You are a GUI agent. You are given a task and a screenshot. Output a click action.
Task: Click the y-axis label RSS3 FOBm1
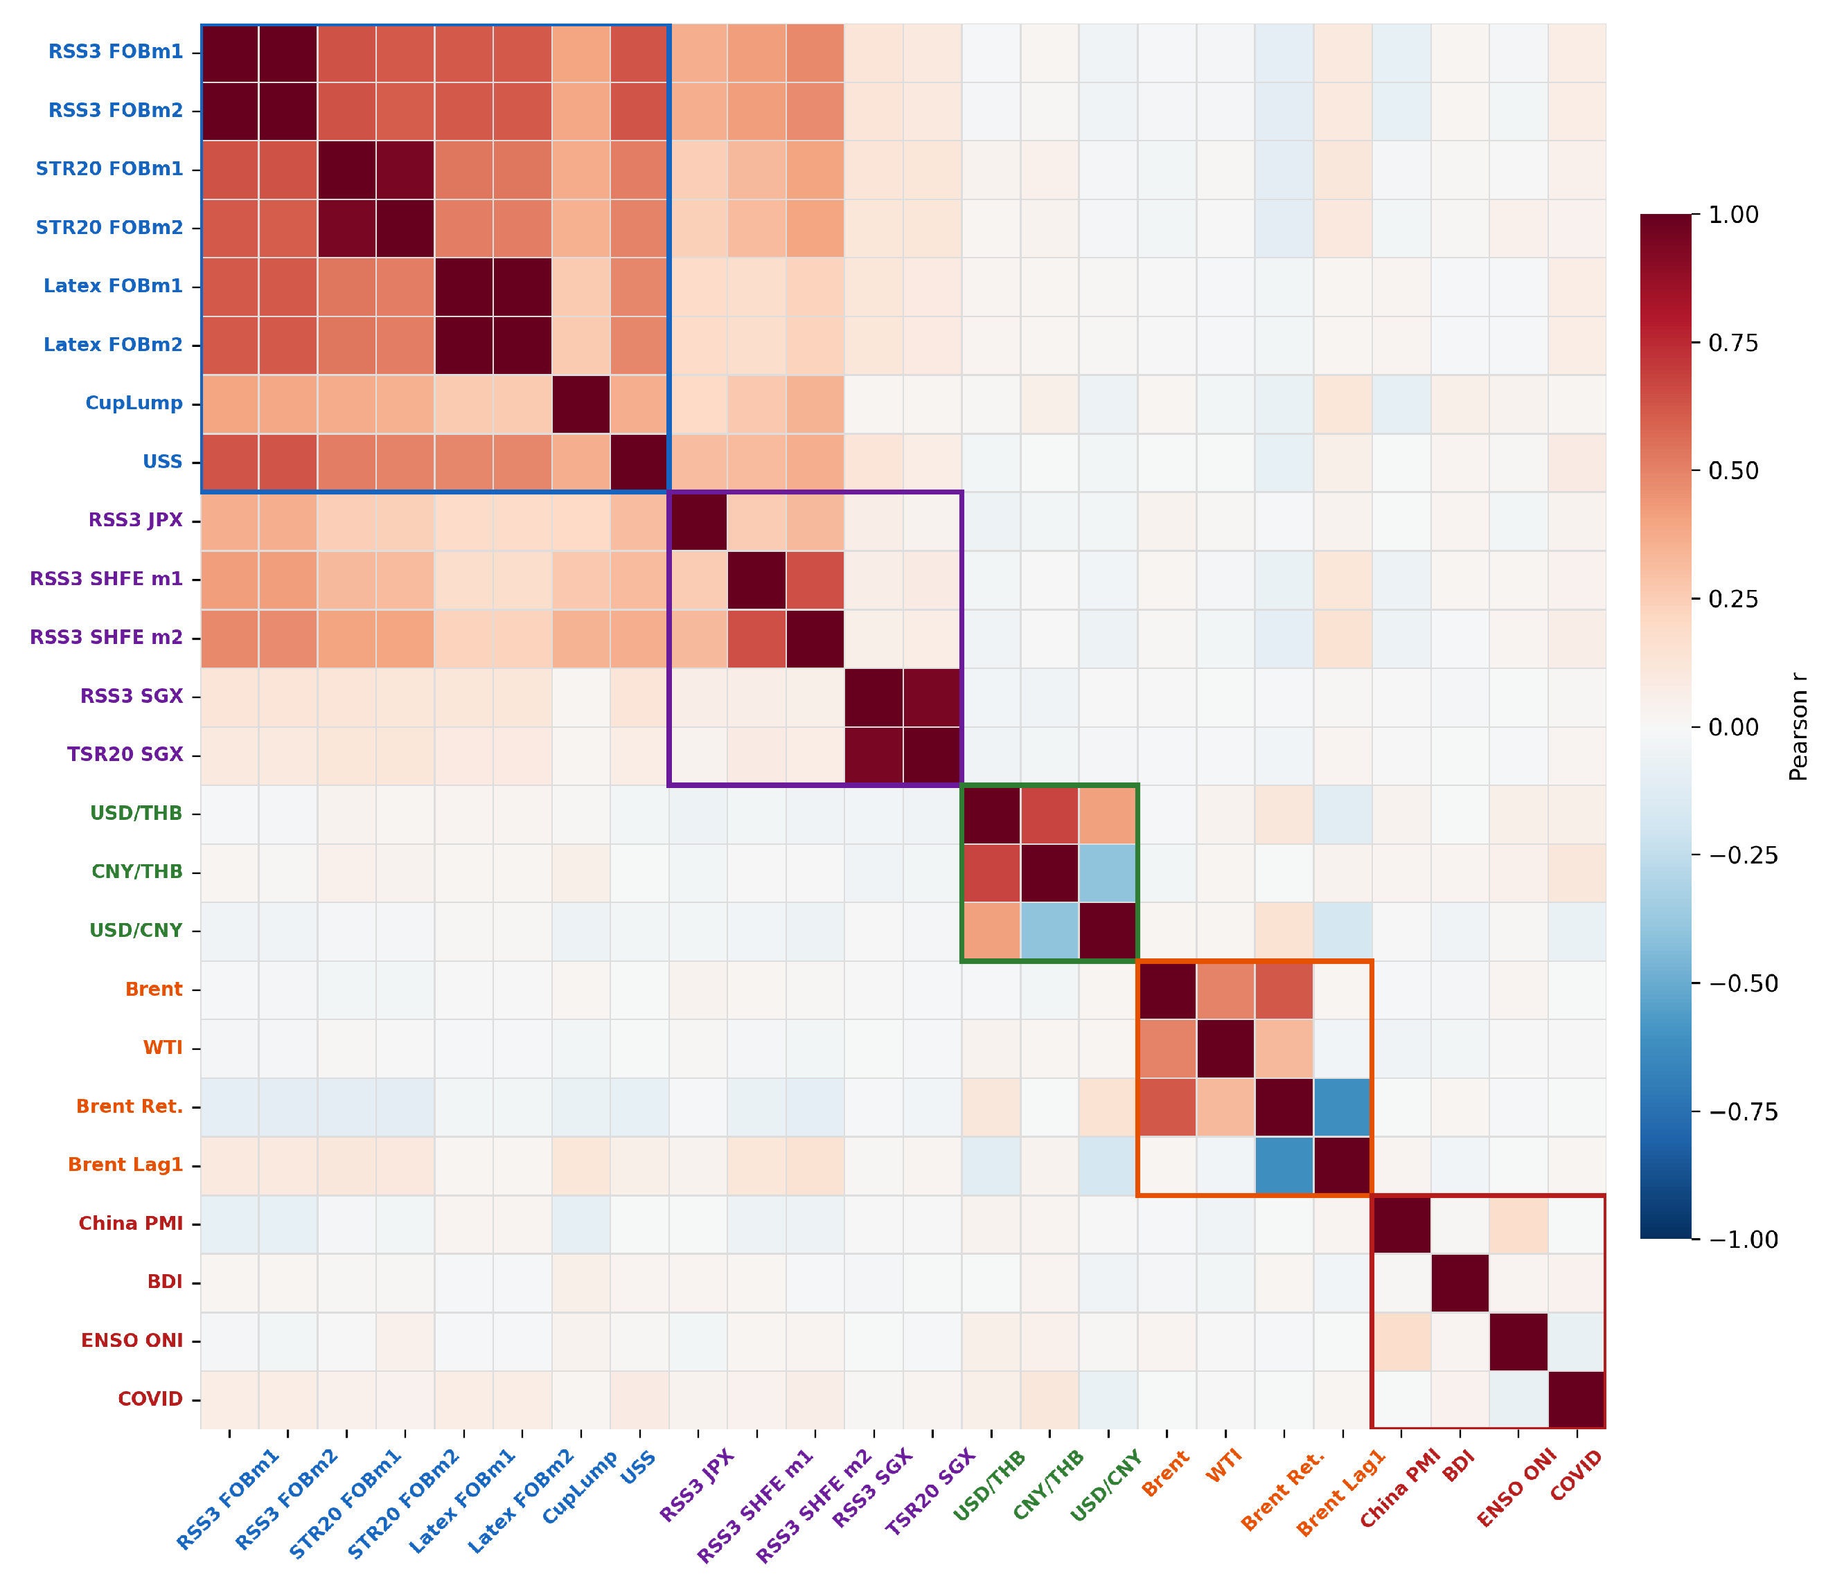(116, 51)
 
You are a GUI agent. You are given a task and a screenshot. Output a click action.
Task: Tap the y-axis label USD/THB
(136, 814)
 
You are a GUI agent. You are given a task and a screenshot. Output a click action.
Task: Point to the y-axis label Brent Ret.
(130, 1107)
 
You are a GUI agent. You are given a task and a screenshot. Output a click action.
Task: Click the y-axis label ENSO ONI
(132, 1341)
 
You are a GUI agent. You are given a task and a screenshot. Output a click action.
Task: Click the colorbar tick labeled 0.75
(1732, 343)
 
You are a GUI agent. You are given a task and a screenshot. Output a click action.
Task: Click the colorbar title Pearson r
(1798, 726)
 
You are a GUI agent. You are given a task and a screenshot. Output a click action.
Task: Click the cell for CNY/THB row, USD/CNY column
(1108, 873)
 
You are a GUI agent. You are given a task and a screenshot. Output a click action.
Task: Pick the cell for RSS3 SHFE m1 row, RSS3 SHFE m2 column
(815, 579)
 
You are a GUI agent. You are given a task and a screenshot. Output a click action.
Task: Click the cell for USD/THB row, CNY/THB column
(1049, 814)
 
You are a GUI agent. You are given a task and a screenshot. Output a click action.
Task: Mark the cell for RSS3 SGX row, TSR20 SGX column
(932, 697)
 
